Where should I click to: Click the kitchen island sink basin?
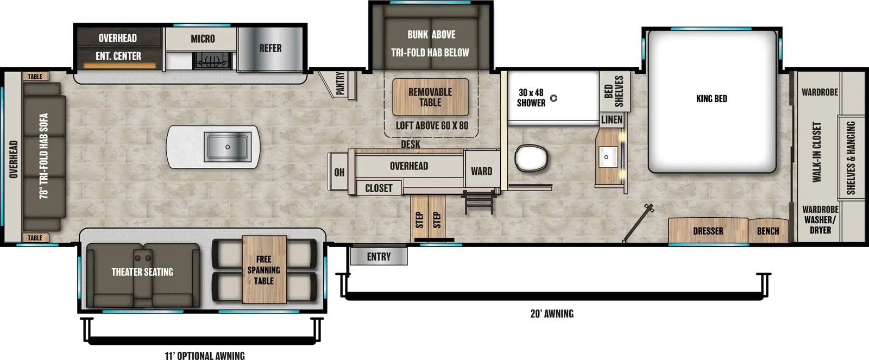coord(227,147)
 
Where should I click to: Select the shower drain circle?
coord(553,98)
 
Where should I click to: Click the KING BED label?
coord(711,99)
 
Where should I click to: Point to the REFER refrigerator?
coord(270,48)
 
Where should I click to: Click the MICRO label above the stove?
coord(203,39)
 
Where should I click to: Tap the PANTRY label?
coord(341,84)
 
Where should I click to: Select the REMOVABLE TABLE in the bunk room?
coord(430,97)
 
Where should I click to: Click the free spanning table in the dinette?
coord(264,270)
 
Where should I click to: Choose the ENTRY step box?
coord(379,257)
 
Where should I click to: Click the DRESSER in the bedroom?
coord(708,231)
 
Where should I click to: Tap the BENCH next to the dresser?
coord(767,231)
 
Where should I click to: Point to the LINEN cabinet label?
coord(612,119)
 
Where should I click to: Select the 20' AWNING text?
coord(552,314)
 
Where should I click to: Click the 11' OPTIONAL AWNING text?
coord(205,356)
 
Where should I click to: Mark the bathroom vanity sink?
coord(607,157)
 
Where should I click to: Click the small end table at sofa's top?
coord(35,77)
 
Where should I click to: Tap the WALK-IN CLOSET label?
coord(816,152)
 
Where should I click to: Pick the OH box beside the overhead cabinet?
coord(339,172)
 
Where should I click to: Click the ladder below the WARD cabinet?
coord(479,202)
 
